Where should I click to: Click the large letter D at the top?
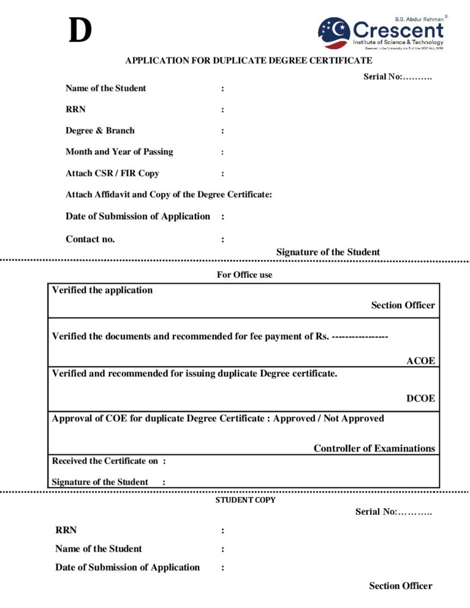click(80, 31)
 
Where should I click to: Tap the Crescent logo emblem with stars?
click(334, 33)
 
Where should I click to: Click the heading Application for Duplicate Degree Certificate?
click(248, 60)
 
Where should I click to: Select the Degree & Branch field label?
click(100, 131)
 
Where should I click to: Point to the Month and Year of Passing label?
click(119, 151)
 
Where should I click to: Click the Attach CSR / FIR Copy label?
click(112, 173)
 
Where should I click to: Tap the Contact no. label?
click(90, 239)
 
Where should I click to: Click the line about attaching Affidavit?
click(169, 194)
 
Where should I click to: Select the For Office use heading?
click(245, 275)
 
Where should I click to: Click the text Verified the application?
click(102, 290)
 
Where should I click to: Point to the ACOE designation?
click(421, 361)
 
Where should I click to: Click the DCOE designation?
click(421, 398)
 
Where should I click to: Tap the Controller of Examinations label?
click(374, 448)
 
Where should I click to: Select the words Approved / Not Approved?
click(329, 419)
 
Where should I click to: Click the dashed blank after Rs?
click(359, 337)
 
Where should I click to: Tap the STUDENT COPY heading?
click(245, 500)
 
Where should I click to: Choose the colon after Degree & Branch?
click(223, 131)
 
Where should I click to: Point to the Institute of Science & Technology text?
click(398, 42)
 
